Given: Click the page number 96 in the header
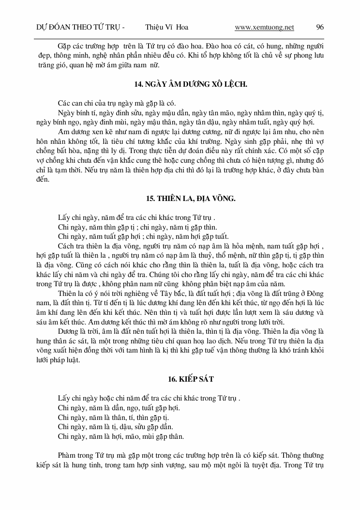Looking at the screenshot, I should [x=320, y=28].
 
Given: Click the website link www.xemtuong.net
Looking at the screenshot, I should [x=264, y=28].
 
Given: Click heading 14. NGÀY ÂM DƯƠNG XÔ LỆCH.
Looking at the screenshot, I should [x=191, y=84].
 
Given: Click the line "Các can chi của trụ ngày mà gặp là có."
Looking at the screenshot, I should [x=117, y=103].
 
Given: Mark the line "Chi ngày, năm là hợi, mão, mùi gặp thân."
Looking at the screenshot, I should [x=120, y=436].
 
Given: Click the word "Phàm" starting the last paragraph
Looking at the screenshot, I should [x=65, y=455].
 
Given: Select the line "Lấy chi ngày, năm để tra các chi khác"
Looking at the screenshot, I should [x=136, y=217].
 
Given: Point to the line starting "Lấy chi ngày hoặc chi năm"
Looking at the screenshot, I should [x=149, y=398].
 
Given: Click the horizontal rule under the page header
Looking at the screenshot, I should [x=180, y=38].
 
